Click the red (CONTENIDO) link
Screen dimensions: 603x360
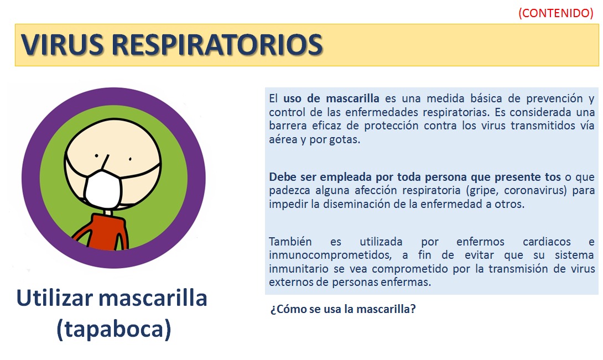click(555, 13)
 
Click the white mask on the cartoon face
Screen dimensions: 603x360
click(103, 188)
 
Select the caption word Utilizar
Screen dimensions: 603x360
click(55, 298)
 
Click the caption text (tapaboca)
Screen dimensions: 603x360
click(113, 329)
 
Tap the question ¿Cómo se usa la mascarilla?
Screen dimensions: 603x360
click(342, 309)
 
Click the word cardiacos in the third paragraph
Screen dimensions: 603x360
click(547, 242)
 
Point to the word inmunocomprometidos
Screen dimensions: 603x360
click(330, 255)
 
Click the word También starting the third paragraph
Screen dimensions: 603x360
click(290, 242)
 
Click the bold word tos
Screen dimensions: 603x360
click(553, 178)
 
